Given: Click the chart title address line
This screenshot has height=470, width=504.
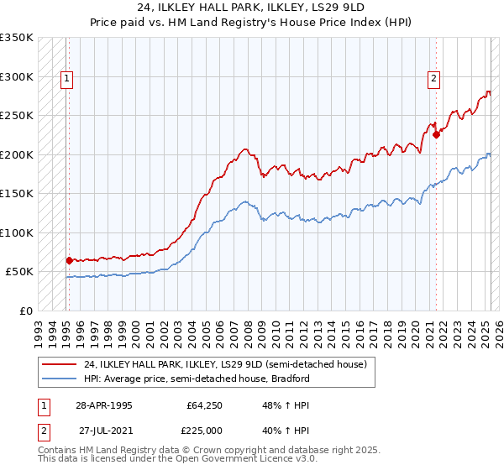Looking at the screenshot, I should tap(251, 8).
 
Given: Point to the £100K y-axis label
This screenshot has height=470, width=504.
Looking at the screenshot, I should tap(16, 232).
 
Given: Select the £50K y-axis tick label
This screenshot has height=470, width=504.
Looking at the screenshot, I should tap(19, 271).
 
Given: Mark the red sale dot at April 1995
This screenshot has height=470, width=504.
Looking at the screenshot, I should tap(68, 260).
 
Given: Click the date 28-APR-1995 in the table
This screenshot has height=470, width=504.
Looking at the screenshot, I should tap(104, 405).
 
